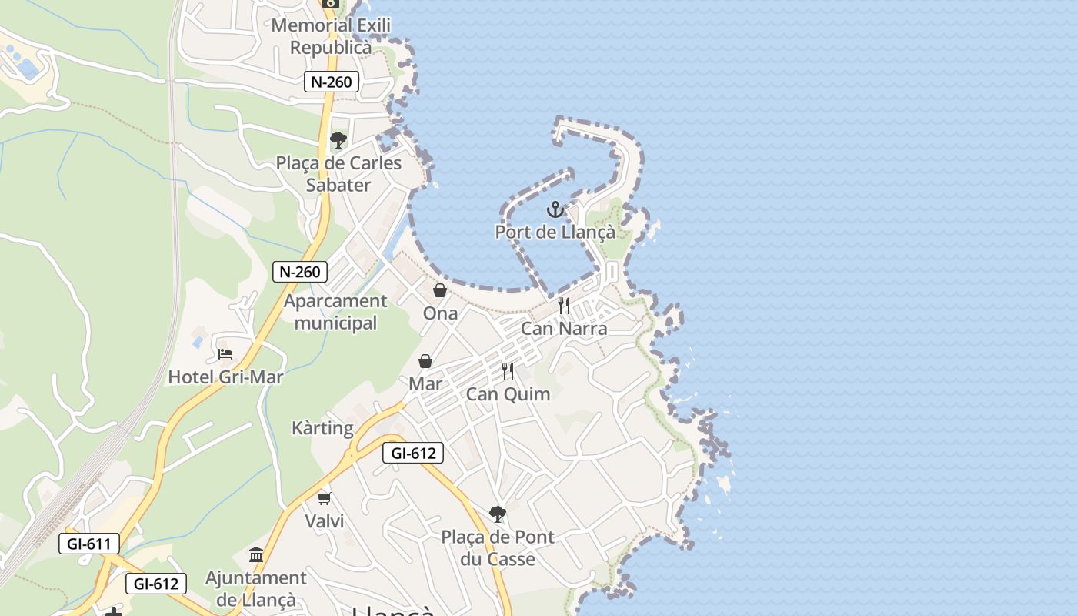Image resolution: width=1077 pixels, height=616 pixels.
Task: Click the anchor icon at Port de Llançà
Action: (x=555, y=209)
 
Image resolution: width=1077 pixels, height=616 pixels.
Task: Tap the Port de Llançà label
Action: (x=555, y=232)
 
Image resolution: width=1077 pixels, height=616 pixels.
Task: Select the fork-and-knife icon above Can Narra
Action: (x=564, y=306)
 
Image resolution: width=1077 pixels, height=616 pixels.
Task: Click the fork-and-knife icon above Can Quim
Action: (x=508, y=371)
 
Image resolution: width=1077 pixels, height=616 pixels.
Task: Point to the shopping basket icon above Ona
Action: (x=440, y=290)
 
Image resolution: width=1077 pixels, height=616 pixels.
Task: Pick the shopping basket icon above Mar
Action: (x=425, y=361)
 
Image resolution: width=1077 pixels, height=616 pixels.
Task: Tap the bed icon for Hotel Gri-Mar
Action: (x=225, y=354)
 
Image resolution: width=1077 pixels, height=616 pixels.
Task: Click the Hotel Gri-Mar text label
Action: (x=225, y=377)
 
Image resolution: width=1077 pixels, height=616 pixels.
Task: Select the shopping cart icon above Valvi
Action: (x=325, y=498)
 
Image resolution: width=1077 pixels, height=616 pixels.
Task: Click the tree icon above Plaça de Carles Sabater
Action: (x=338, y=140)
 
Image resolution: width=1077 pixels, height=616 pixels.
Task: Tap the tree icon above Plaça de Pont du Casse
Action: (x=498, y=514)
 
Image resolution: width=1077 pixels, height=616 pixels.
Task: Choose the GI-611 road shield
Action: (x=89, y=544)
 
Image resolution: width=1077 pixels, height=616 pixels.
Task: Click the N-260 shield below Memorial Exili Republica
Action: (x=332, y=82)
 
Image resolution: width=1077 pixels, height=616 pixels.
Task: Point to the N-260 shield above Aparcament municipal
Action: (x=300, y=271)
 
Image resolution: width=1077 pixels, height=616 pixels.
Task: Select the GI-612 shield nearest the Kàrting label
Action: (x=413, y=454)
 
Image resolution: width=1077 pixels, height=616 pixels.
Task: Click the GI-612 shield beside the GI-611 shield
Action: (x=156, y=584)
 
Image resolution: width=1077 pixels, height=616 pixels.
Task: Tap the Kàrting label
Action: (x=322, y=428)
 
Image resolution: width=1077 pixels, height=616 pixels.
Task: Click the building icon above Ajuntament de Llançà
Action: (x=256, y=554)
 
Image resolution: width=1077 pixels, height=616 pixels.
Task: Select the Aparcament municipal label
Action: (x=335, y=312)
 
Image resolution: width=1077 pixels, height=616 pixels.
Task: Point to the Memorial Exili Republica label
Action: (x=332, y=36)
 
